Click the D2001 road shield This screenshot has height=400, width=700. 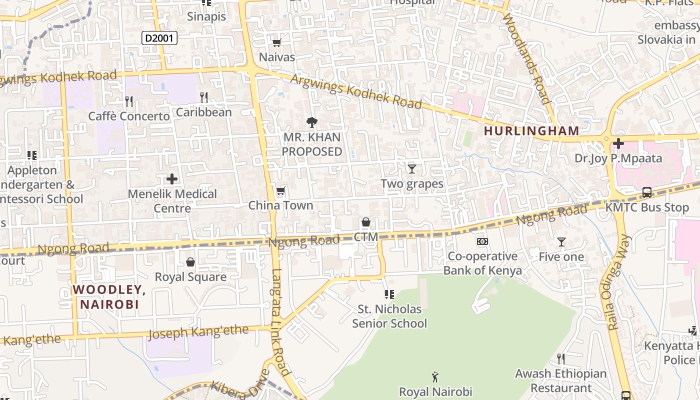coord(159,38)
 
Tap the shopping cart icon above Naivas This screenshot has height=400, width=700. coord(276,42)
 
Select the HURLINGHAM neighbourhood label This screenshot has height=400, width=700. coord(531,131)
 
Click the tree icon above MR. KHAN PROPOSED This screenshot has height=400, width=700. coord(312,122)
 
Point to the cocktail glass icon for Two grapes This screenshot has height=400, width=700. coord(411,169)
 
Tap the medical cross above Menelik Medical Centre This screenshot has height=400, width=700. coord(172,178)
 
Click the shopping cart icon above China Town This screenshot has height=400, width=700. coord(280,191)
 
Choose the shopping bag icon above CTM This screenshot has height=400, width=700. coord(366,222)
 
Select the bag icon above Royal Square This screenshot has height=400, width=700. coord(190,262)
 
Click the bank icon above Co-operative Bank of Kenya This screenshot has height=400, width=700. coord(482,241)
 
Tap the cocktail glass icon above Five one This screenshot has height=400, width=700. coord(561,242)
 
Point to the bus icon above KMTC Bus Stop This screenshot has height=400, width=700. coord(646,192)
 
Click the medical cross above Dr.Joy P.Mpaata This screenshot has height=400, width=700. coord(618,144)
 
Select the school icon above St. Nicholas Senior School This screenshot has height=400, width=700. coord(389,294)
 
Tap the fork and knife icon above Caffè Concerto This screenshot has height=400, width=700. coord(129,101)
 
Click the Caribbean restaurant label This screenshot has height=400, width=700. coord(204,112)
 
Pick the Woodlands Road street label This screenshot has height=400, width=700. coord(528,57)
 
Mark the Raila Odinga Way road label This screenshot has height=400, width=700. coord(619,282)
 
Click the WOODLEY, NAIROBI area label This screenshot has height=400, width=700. coord(109,296)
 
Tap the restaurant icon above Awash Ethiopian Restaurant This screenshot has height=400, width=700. coord(561,358)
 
